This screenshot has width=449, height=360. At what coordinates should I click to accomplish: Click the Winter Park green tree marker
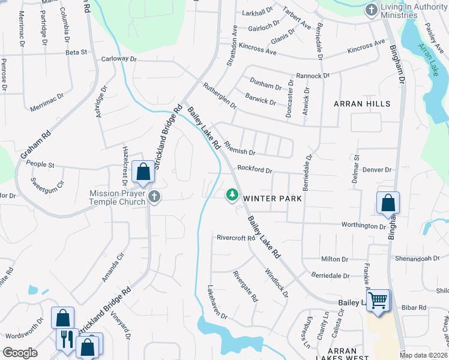coord(232,195)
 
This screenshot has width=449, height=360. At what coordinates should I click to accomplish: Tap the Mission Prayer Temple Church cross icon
coord(154,197)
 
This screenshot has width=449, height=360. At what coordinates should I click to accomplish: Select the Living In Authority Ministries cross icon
coord(372,10)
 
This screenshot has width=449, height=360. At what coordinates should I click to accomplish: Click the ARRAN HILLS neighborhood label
coord(362,104)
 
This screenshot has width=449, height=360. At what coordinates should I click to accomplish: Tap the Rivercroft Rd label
coord(237,238)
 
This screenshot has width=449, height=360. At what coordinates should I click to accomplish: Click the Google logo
coord(20,353)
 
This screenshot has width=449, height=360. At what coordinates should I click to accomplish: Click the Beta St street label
coord(76,53)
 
